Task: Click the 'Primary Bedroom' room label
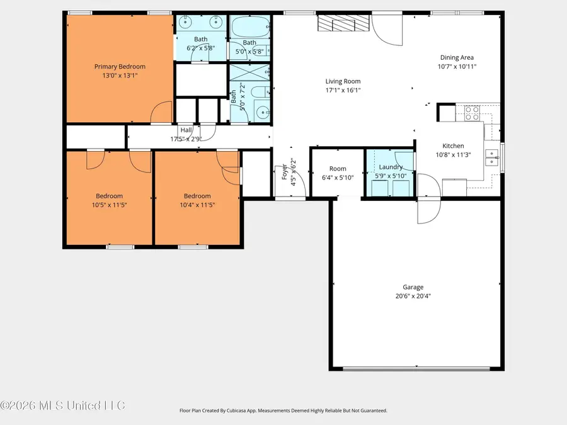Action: click(120, 67)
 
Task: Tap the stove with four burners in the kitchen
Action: click(472, 113)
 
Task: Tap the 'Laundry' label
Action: click(391, 167)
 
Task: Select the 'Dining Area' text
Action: click(457, 57)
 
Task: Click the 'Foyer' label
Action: click(285, 172)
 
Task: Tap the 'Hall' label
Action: click(186, 130)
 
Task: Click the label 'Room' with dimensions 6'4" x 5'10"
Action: click(338, 169)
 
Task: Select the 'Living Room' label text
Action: click(343, 81)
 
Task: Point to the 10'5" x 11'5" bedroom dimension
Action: click(109, 205)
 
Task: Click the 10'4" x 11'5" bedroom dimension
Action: click(197, 205)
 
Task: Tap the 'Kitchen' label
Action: click(453, 146)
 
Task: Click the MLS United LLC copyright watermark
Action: click(62, 405)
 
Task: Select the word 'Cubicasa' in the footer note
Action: click(243, 411)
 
